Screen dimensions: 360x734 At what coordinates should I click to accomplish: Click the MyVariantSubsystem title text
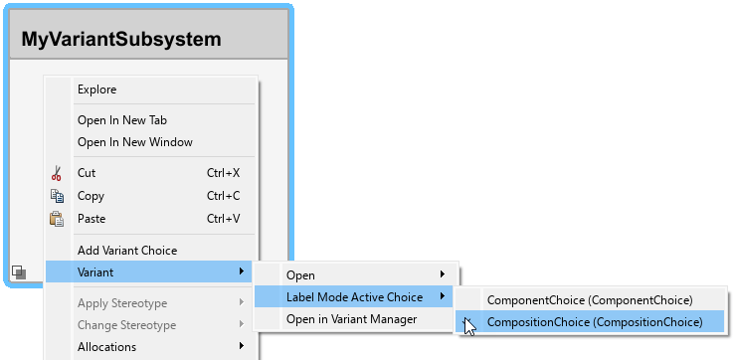pyautogui.click(x=121, y=40)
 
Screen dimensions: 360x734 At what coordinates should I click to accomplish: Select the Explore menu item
pyautogui.click(x=96, y=90)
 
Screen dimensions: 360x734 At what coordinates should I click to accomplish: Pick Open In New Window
pyautogui.click(x=134, y=142)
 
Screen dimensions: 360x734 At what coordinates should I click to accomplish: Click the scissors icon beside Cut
pyautogui.click(x=57, y=173)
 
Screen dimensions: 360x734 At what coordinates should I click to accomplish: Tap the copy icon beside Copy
pyautogui.click(x=57, y=196)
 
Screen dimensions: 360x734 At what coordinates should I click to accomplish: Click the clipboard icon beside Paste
pyautogui.click(x=57, y=219)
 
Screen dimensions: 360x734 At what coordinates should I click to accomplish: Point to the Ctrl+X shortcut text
pyautogui.click(x=224, y=173)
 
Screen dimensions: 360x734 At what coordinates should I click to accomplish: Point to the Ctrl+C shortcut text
pyautogui.click(x=224, y=196)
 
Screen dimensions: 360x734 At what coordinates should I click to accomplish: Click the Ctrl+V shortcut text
pyautogui.click(x=224, y=219)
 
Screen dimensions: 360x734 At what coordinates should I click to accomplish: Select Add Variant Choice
pyautogui.click(x=127, y=251)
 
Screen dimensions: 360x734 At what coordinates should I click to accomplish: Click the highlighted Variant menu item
pyautogui.click(x=95, y=272)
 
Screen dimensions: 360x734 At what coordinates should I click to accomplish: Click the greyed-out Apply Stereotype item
pyautogui.click(x=122, y=303)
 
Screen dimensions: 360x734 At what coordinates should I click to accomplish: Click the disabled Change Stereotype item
pyautogui.click(x=126, y=325)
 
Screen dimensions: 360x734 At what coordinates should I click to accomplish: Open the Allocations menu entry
pyautogui.click(x=107, y=347)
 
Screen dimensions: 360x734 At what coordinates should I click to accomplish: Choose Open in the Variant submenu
pyautogui.click(x=300, y=274)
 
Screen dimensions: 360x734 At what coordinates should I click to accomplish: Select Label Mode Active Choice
pyautogui.click(x=354, y=297)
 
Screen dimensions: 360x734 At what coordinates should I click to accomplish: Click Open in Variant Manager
pyautogui.click(x=351, y=319)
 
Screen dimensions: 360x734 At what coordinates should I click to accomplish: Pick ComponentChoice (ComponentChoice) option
pyautogui.click(x=590, y=299)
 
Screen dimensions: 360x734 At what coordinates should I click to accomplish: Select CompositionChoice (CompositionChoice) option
pyautogui.click(x=594, y=322)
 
